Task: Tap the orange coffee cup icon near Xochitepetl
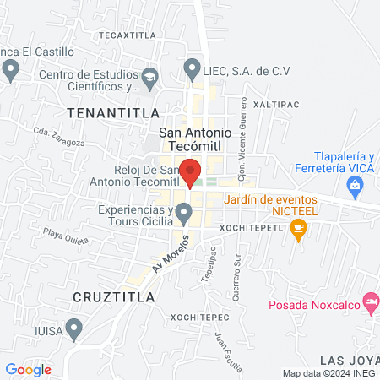click(297, 228)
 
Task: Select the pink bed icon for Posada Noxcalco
click(370, 301)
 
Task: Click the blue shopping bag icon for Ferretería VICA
click(358, 183)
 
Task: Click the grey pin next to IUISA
click(74, 326)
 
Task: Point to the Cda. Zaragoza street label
click(59, 137)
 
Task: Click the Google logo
click(29, 369)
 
